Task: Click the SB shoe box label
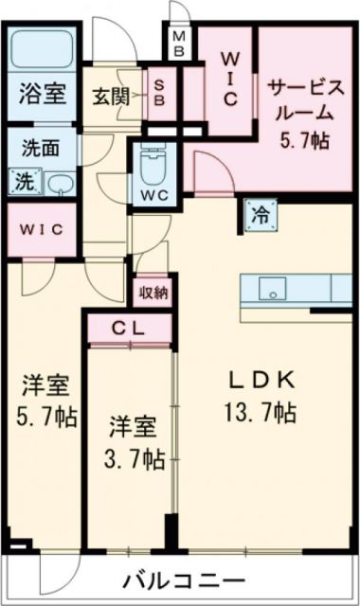(x=160, y=93)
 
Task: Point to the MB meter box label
(x=177, y=41)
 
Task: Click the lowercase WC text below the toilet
(x=153, y=197)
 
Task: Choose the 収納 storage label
(x=153, y=292)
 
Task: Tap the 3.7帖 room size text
(x=134, y=459)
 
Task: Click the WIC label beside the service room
(x=229, y=80)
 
